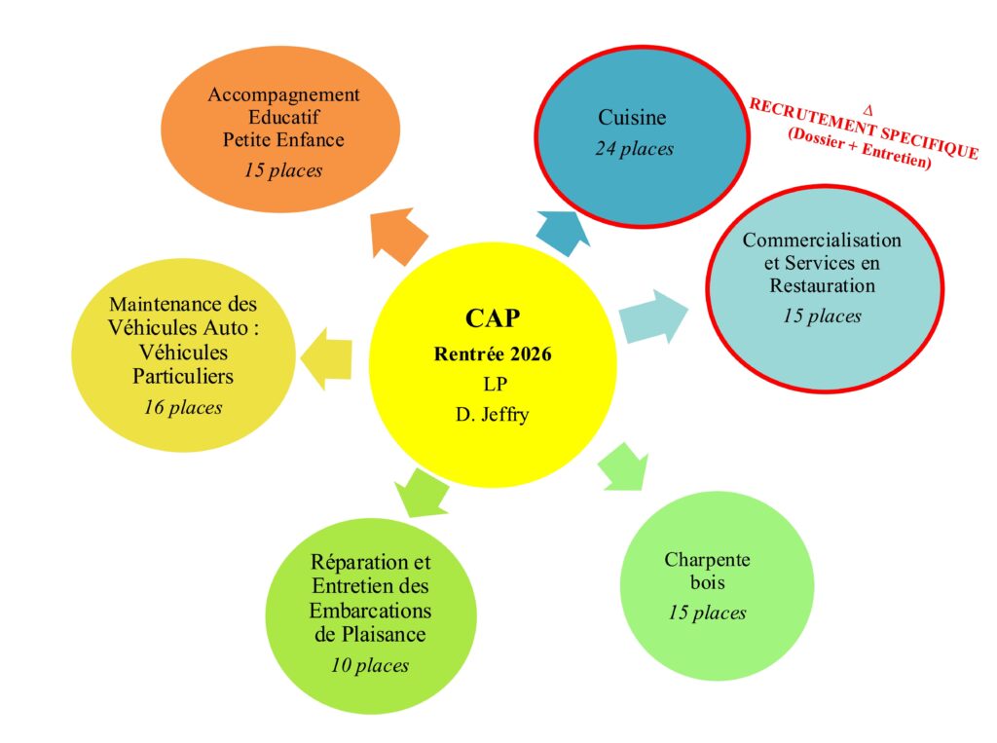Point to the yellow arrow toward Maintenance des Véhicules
point(326,359)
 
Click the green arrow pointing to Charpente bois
point(624,468)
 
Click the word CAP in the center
point(493,318)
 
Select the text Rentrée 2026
point(493,353)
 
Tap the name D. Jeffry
point(493,415)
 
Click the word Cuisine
point(632,117)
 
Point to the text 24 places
point(634,148)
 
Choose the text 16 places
point(183,407)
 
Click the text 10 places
point(370,665)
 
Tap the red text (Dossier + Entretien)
point(860,149)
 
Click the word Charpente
point(707,560)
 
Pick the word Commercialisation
point(822,240)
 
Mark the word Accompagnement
point(283,94)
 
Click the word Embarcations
point(370,611)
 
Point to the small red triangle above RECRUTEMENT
point(868,111)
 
